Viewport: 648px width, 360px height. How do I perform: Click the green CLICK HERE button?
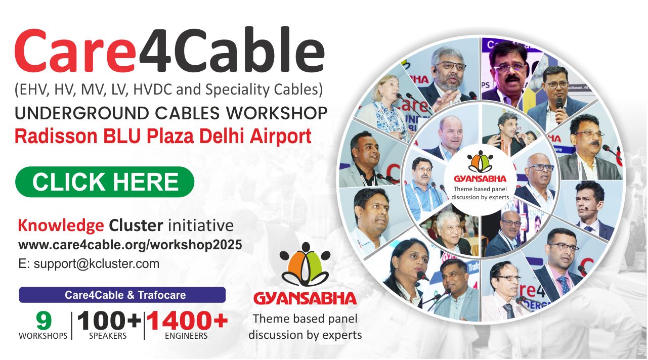[105, 182]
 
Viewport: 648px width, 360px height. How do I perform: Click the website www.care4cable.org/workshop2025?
[130, 245]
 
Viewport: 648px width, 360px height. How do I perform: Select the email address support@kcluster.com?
[96, 264]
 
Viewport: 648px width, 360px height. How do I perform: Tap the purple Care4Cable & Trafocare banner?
[122, 295]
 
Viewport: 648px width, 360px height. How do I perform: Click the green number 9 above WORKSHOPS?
[44, 321]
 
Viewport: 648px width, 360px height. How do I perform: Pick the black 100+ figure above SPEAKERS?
[109, 321]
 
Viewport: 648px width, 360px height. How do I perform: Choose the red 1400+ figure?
[187, 321]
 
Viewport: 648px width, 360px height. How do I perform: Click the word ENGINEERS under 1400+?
[186, 336]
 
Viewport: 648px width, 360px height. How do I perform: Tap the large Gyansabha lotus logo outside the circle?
[305, 264]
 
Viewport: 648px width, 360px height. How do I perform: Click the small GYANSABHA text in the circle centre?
[480, 179]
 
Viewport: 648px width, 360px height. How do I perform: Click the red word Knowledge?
[61, 226]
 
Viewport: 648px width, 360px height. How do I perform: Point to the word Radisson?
[56, 137]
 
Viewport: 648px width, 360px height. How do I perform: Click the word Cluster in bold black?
[136, 226]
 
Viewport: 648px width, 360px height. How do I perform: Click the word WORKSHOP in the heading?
[277, 113]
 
